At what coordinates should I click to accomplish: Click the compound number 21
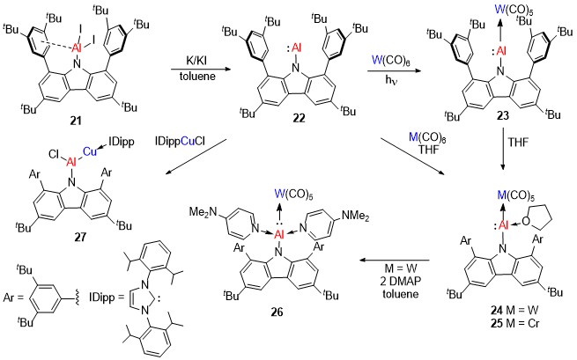point(76,121)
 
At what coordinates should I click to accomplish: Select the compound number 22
point(299,118)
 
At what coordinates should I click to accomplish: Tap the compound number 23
point(503,115)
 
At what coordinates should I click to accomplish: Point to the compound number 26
point(277,312)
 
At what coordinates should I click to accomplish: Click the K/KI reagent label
point(196,61)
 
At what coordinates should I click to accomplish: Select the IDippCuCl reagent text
point(181,141)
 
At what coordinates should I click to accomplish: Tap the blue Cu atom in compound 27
point(90,151)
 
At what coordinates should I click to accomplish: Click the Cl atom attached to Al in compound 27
point(54,155)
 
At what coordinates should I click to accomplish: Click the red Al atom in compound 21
point(76,48)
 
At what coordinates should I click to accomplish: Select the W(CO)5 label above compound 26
point(294,194)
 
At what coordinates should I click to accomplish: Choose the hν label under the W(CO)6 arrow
point(390,78)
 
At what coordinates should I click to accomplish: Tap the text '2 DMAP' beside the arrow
point(400,281)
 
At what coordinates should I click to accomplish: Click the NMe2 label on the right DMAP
point(355,217)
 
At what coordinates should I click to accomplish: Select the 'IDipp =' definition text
point(106,298)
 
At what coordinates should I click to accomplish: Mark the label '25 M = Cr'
point(514,323)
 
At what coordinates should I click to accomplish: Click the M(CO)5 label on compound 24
point(515,196)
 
